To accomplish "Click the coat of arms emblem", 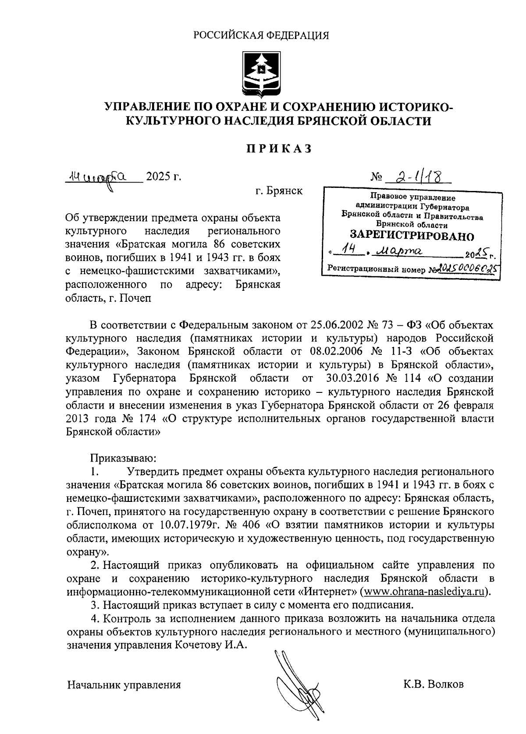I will (262, 73).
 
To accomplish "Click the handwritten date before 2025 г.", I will (103, 177).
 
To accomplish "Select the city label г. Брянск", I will (279, 191).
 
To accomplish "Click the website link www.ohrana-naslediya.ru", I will (424, 593).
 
